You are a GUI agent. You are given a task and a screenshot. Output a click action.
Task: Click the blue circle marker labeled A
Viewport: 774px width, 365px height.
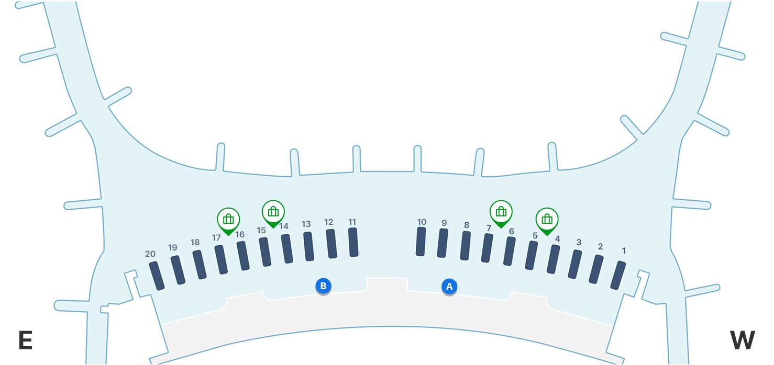coord(449,287)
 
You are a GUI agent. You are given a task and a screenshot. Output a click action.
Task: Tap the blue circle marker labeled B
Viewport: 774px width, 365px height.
coord(323,286)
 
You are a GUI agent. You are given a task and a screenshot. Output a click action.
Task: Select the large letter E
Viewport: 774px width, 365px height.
coord(25,340)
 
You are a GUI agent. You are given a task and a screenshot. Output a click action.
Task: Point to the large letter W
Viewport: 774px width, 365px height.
coord(742,340)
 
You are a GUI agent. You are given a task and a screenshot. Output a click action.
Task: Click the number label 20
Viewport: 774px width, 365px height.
coord(150,254)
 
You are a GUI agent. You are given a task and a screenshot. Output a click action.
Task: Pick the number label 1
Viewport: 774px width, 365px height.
coord(623,251)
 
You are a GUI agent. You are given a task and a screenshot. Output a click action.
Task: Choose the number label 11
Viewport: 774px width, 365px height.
coord(352,222)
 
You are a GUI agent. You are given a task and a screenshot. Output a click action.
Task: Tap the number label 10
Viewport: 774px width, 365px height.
coord(422,222)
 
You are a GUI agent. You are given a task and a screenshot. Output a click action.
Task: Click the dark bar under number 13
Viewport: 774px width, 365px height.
coord(308,246)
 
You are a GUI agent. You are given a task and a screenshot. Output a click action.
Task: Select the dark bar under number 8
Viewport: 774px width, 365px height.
coord(465,246)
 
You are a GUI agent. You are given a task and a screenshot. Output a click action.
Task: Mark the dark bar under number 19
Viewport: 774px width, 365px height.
coord(178,270)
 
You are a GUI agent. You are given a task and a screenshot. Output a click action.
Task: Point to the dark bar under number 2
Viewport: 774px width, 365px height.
coord(596,269)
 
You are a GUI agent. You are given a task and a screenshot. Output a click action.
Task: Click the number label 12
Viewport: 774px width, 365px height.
coord(329,222)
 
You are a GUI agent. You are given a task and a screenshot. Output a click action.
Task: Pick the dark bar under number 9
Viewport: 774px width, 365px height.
coord(443,243)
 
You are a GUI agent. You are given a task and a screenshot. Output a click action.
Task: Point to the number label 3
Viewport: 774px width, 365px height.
coord(579,243)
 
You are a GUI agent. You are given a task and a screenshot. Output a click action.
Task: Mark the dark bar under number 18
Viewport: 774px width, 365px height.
coord(200,265)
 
